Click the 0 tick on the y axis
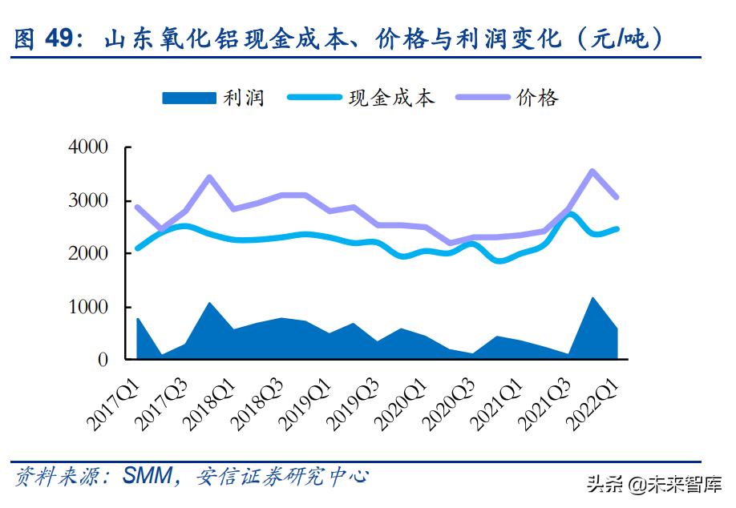click(103, 361)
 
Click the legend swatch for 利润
click(189, 98)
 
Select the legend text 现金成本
click(391, 98)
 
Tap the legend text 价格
click(537, 98)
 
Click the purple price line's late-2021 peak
click(592, 171)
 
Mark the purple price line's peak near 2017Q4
click(210, 177)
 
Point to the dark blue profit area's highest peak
click(592, 299)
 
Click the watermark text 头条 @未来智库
click(653, 484)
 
